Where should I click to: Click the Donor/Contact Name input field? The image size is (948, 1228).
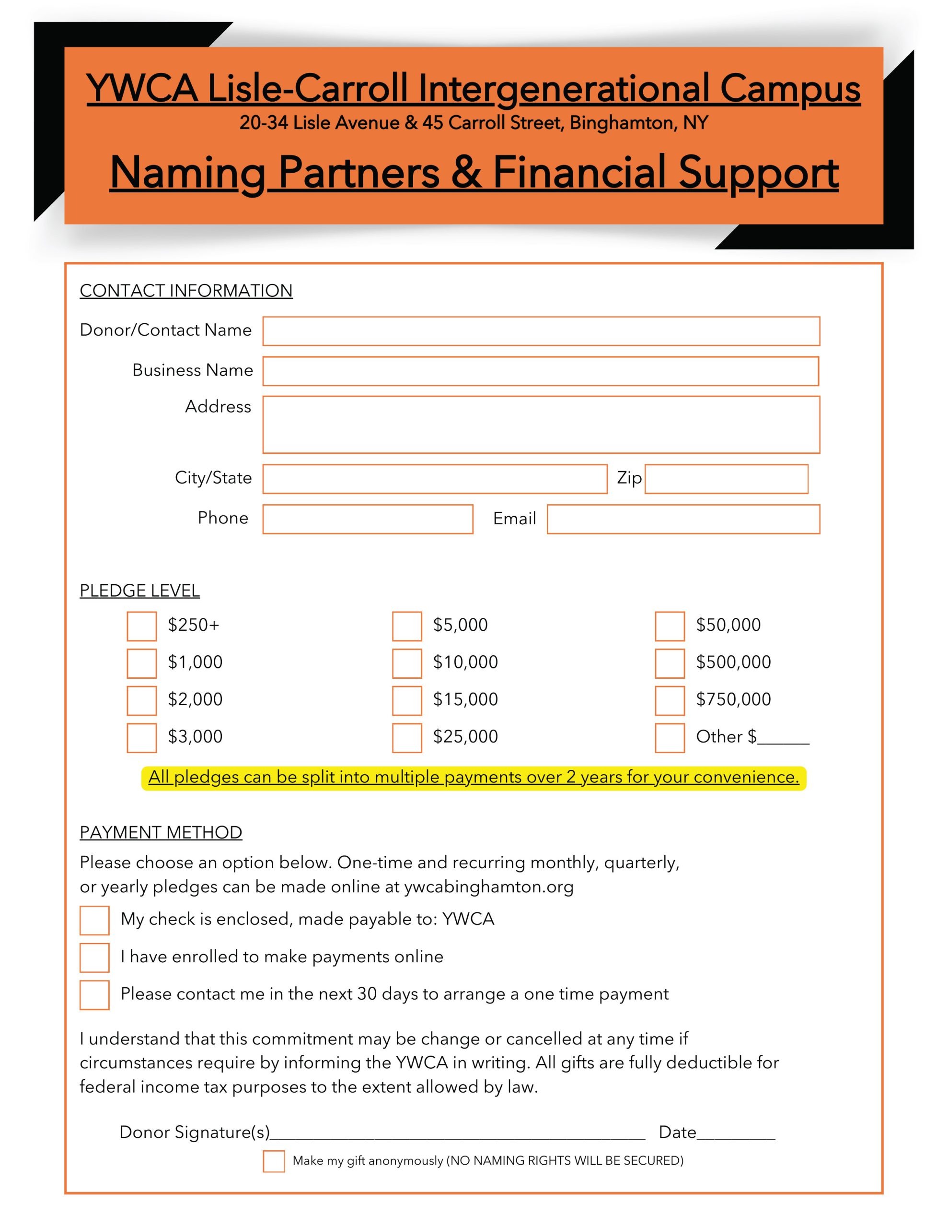coord(541,331)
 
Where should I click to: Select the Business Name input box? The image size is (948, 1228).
coord(541,371)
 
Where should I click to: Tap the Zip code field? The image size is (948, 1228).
coord(726,479)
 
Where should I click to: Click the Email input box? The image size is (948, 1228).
coord(683,519)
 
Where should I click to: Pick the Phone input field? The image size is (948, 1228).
coord(368,519)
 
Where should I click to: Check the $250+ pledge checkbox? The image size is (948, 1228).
coord(141,626)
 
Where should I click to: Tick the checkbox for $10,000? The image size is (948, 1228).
coord(407,663)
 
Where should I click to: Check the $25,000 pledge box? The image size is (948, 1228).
coord(407,738)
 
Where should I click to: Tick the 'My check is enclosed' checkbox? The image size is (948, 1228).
coord(94,920)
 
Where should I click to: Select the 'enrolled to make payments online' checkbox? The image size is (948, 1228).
coord(94,957)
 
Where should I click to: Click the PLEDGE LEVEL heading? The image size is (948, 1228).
coord(139,590)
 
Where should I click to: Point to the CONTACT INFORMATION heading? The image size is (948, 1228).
coord(186,291)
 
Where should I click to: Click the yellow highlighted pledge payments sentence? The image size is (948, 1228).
coord(473,777)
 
